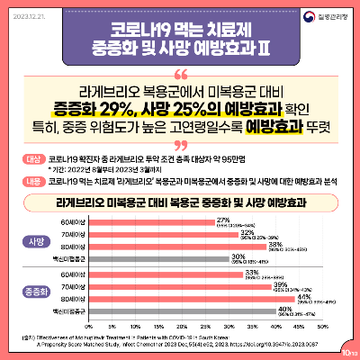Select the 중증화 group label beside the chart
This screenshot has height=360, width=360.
(38, 292)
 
